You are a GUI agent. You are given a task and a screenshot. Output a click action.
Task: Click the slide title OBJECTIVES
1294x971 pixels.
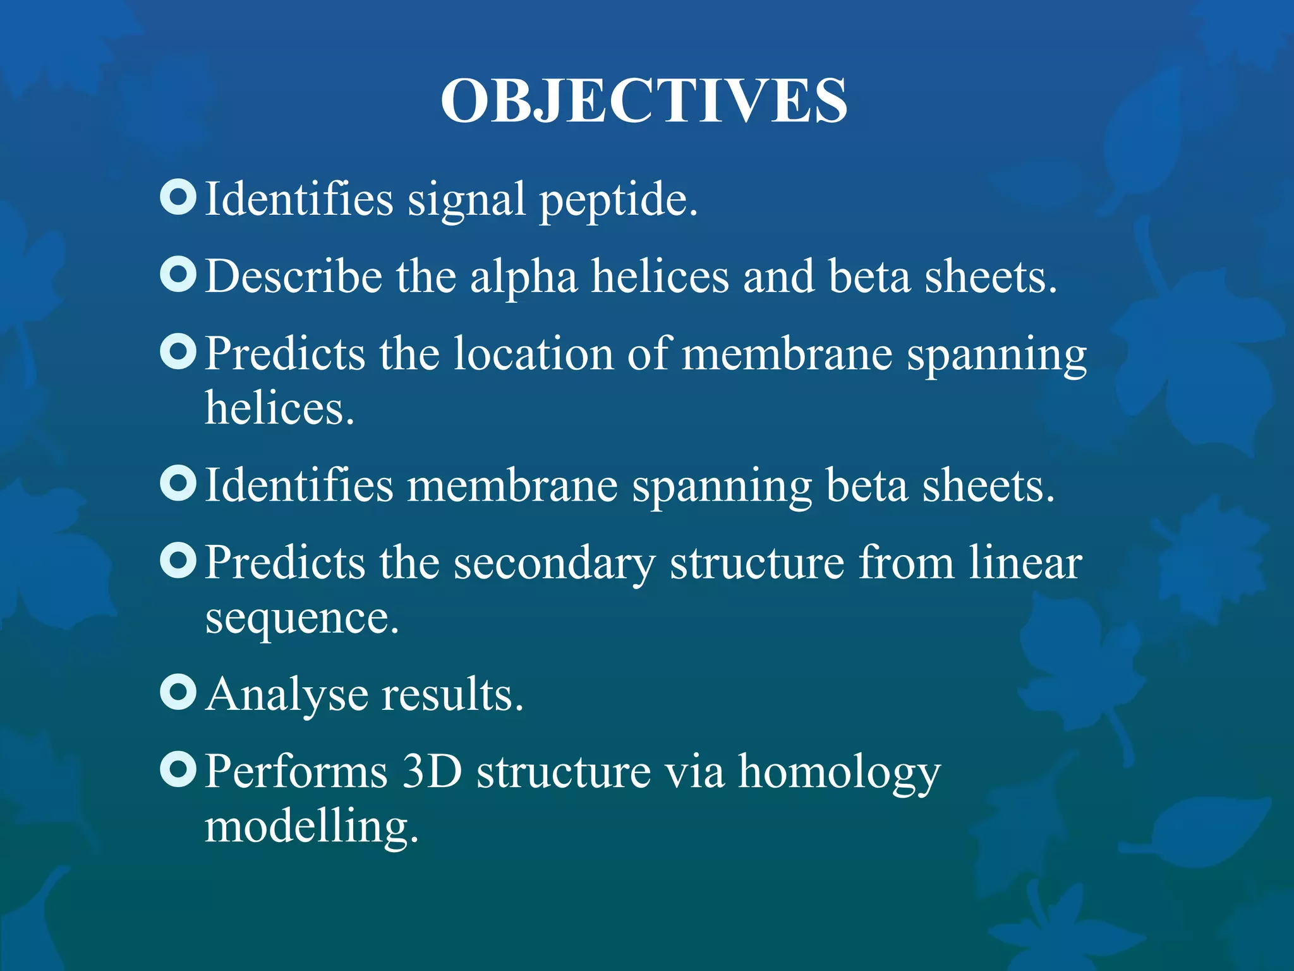click(644, 101)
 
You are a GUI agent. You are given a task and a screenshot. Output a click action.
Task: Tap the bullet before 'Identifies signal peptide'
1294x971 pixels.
click(178, 197)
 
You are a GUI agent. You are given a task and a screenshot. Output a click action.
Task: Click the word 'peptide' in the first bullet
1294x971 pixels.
click(618, 201)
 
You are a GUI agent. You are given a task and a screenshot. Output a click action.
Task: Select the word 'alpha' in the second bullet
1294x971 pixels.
click(523, 278)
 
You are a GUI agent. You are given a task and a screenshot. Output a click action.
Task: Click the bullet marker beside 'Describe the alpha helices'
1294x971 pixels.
click(178, 275)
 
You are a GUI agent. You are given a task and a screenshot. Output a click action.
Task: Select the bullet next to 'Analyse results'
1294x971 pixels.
click(178, 692)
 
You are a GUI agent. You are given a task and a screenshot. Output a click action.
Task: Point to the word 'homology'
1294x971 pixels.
click(839, 773)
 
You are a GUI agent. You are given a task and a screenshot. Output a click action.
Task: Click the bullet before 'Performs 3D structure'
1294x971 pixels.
click(178, 769)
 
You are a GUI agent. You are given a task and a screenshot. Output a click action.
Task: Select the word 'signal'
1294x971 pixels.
click(466, 201)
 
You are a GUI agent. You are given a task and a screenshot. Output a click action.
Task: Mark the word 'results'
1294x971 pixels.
click(452, 695)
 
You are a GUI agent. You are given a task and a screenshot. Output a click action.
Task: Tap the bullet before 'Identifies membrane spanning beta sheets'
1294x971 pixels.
click(178, 484)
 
